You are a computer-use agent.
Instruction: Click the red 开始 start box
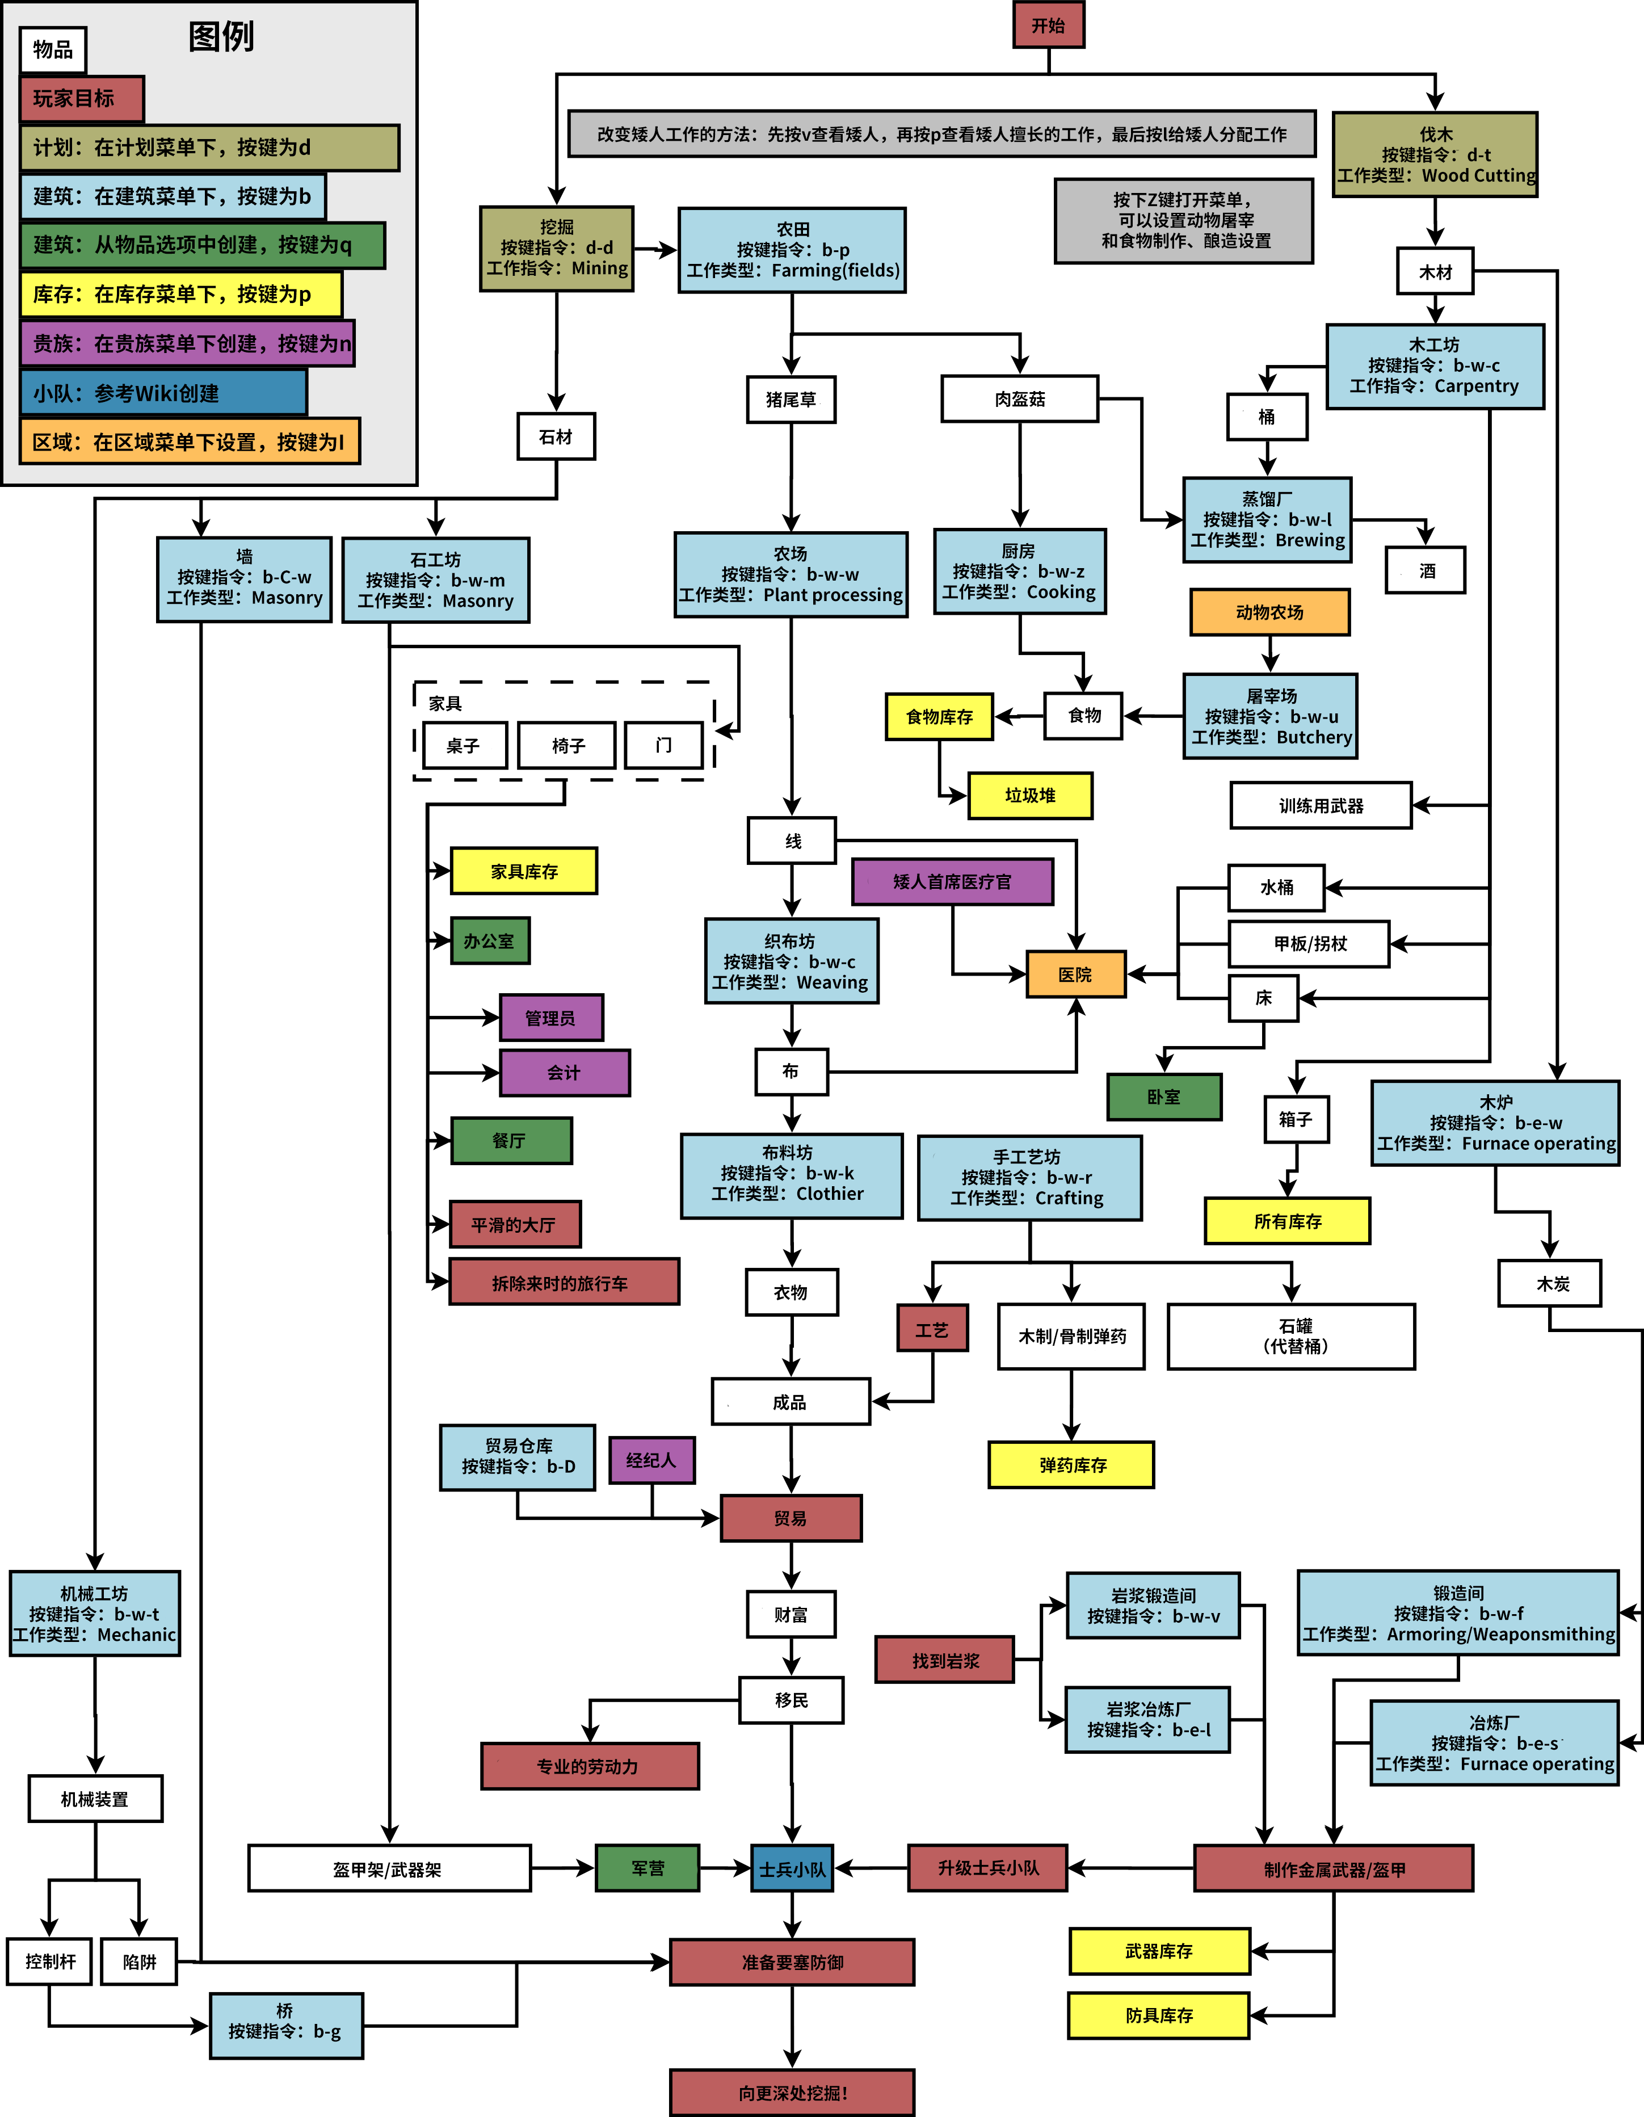pos(1049,25)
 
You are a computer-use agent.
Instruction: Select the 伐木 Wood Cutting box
pos(1436,155)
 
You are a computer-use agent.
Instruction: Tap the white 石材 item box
pos(556,437)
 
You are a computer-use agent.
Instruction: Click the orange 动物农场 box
pos(1270,612)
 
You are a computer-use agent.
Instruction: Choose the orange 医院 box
pos(1076,974)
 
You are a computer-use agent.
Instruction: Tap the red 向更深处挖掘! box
pos(792,2093)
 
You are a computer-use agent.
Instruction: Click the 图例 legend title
pos(221,37)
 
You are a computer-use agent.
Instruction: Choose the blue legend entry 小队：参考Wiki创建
pos(163,393)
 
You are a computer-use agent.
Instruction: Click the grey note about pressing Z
pos(1184,221)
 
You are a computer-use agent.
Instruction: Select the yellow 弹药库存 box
pos(1071,1465)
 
